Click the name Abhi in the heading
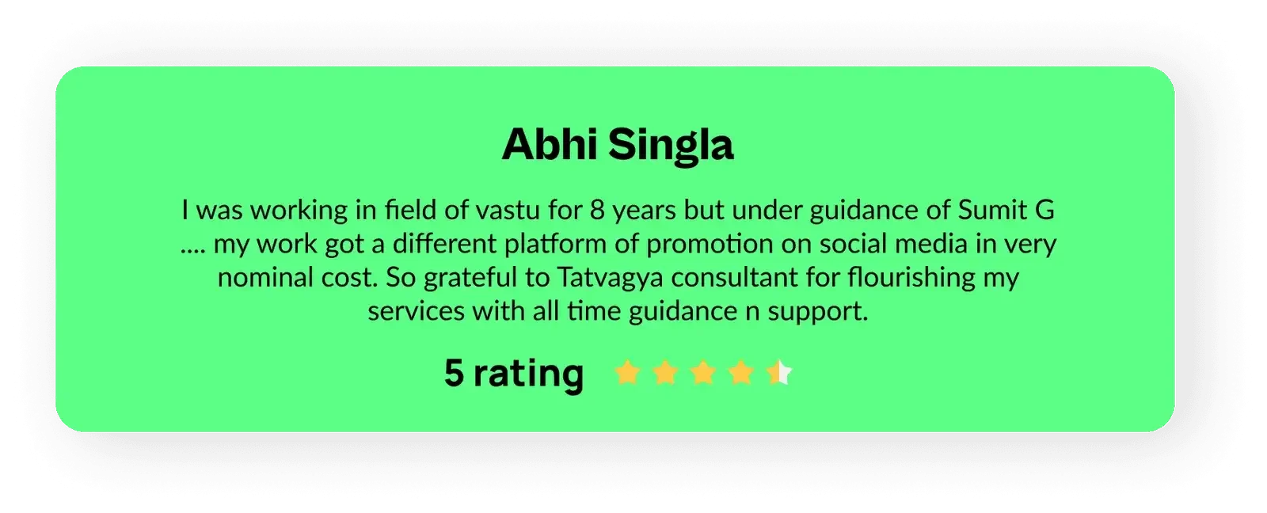[x=550, y=144]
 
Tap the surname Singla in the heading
[x=671, y=146]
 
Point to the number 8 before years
[x=597, y=211]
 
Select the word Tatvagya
[x=610, y=279]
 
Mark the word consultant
[x=735, y=277]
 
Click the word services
[x=417, y=312]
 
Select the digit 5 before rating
[x=454, y=373]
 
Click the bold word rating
[x=528, y=374]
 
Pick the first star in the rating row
[x=627, y=373]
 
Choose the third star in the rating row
[x=703, y=373]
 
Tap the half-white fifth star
[x=779, y=373]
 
